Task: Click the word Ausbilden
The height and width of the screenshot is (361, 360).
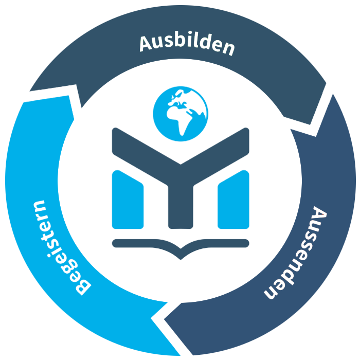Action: pos(187,45)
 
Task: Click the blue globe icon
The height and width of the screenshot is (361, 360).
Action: pos(181,114)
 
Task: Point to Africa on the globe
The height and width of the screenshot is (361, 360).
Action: pos(178,120)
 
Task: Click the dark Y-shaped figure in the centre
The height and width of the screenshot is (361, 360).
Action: pos(181,177)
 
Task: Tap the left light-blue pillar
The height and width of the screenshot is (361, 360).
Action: pos(128,200)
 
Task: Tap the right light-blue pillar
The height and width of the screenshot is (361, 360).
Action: pos(233,200)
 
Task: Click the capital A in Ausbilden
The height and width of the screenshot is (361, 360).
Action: pos(146,44)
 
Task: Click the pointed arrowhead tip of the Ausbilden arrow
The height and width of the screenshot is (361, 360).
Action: pos(310,124)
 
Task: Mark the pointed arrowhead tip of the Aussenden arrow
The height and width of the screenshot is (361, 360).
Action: pos(165,319)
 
